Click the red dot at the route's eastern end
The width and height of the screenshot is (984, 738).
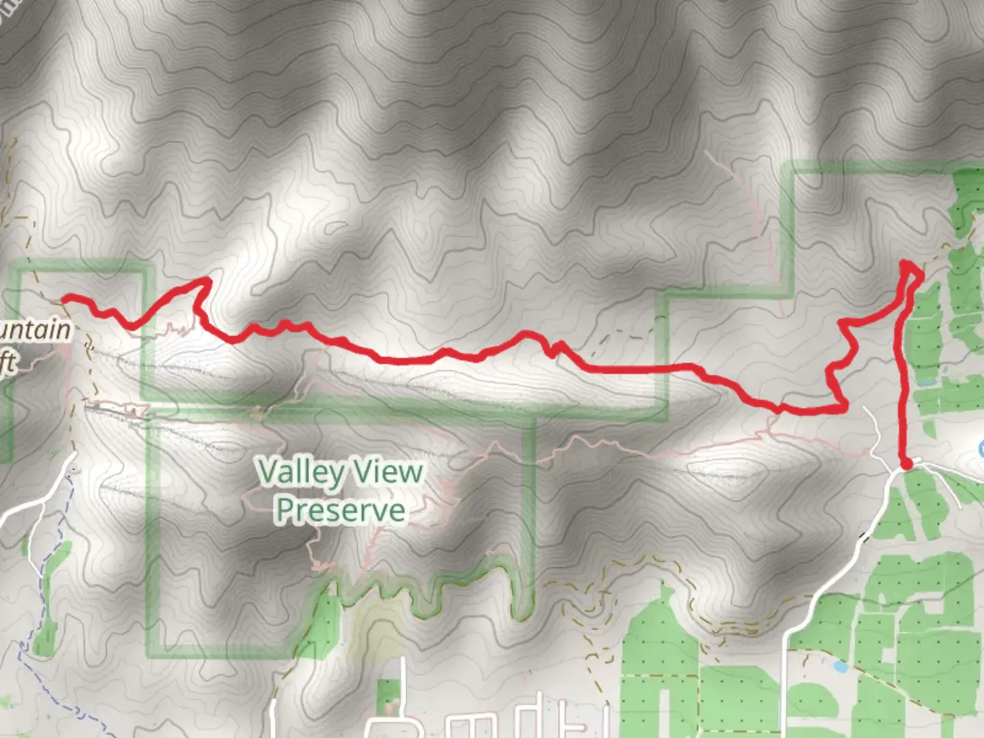[907, 465]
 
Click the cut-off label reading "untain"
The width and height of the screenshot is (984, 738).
[34, 331]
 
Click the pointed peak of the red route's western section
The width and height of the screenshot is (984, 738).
[206, 279]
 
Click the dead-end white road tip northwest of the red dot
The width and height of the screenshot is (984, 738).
[865, 409]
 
